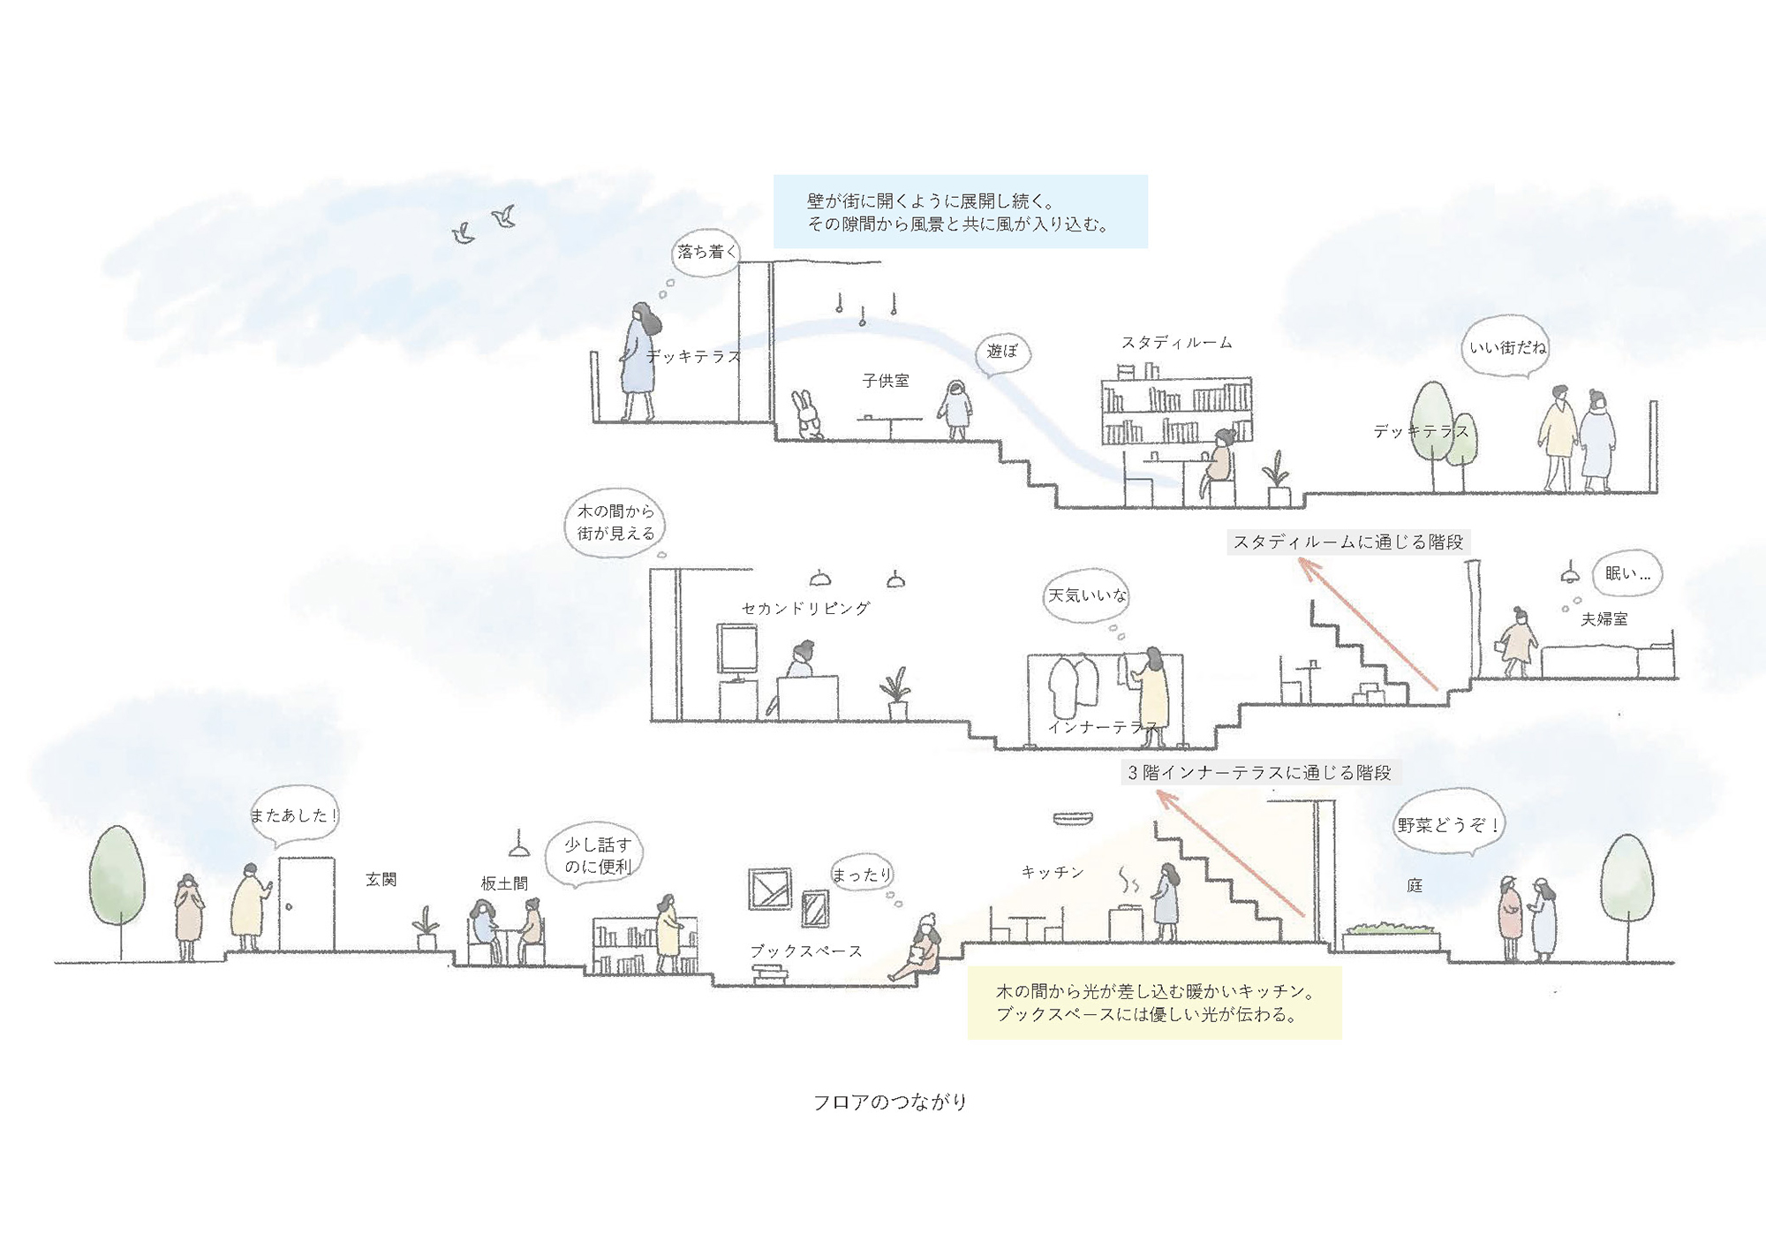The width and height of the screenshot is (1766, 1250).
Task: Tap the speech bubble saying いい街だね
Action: click(x=1506, y=348)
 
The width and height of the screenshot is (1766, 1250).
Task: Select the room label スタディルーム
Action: click(x=1176, y=342)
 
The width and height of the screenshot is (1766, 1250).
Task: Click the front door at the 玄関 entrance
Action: click(x=306, y=903)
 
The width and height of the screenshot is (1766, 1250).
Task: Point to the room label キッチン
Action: click(x=1053, y=872)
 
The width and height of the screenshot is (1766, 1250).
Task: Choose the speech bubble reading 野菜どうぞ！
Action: click(x=1447, y=826)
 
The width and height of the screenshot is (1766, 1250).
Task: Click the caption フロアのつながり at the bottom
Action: click(x=890, y=1102)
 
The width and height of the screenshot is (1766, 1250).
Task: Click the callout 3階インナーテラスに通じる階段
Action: click(x=1259, y=773)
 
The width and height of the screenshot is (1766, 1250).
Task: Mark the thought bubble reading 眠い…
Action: click(x=1627, y=573)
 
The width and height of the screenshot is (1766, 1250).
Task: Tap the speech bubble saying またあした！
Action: click(x=294, y=815)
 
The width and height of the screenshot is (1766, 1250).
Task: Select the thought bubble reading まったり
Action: click(x=862, y=874)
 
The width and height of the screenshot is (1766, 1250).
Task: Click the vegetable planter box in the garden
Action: click(x=1391, y=938)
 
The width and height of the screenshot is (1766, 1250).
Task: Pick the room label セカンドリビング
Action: click(x=805, y=609)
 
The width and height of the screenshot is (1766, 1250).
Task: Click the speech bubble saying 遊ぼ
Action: click(x=1002, y=352)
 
